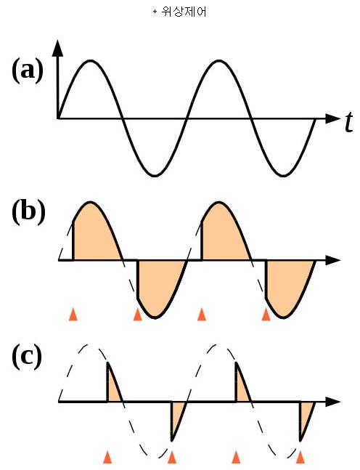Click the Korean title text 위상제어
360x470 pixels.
pos(184,12)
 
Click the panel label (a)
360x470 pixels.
pos(28,70)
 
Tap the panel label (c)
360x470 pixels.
pos(27,357)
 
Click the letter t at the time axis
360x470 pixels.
pos(348,122)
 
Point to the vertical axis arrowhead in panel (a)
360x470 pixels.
pos(58,48)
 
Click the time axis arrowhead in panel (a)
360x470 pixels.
pos(332,118)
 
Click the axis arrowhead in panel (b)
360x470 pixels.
pos(332,260)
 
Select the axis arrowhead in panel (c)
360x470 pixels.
pos(332,402)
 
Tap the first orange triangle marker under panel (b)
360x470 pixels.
pos(73,315)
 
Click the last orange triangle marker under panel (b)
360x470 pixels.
pos(266,315)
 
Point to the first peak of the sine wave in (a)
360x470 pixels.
pos(90,61)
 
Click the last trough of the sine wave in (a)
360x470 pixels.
pos(282,175)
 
